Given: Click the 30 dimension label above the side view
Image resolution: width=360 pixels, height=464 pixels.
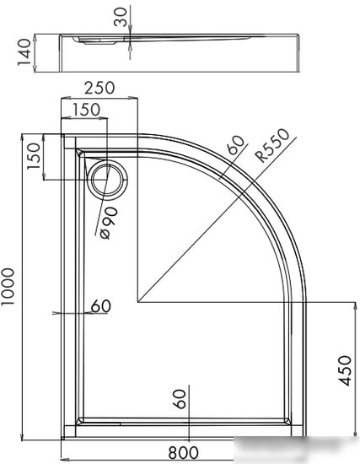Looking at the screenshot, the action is (x=121, y=17).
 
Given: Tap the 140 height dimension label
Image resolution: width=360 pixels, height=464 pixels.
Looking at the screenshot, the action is (x=24, y=52).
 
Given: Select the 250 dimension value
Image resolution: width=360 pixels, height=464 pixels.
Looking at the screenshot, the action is (x=99, y=88).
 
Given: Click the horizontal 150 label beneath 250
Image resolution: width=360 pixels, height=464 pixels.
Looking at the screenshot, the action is (x=86, y=110).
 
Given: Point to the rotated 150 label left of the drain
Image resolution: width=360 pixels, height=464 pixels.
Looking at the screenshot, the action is (x=34, y=156).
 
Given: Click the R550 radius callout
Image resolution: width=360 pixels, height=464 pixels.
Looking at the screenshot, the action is (x=272, y=145).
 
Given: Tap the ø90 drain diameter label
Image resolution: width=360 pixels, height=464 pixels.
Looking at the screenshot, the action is (x=109, y=223).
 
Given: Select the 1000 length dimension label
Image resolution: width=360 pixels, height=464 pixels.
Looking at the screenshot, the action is (x=8, y=287).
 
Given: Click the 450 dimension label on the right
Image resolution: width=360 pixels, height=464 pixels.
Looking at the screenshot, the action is (x=345, y=371).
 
